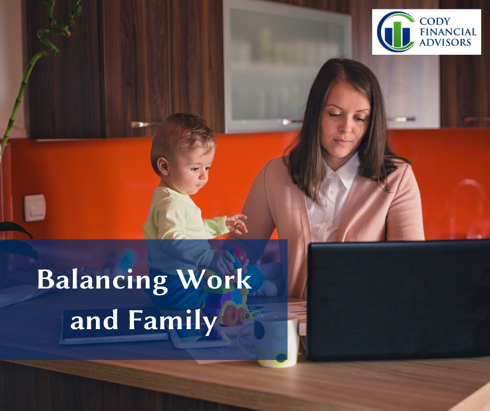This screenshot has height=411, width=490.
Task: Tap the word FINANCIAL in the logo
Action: [x=448, y=32]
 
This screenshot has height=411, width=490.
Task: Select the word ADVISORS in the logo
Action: [x=445, y=42]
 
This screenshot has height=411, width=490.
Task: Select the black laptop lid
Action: [x=398, y=300]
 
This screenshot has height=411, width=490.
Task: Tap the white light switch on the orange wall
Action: [x=35, y=208]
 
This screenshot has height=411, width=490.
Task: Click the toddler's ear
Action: [x=163, y=166]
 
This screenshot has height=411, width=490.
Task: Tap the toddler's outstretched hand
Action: [x=236, y=223]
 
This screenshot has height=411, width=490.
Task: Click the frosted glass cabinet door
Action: [x=287, y=66]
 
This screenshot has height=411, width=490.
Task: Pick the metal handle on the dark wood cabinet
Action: [x=144, y=124]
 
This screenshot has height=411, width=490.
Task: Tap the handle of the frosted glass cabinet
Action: [x=291, y=122]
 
